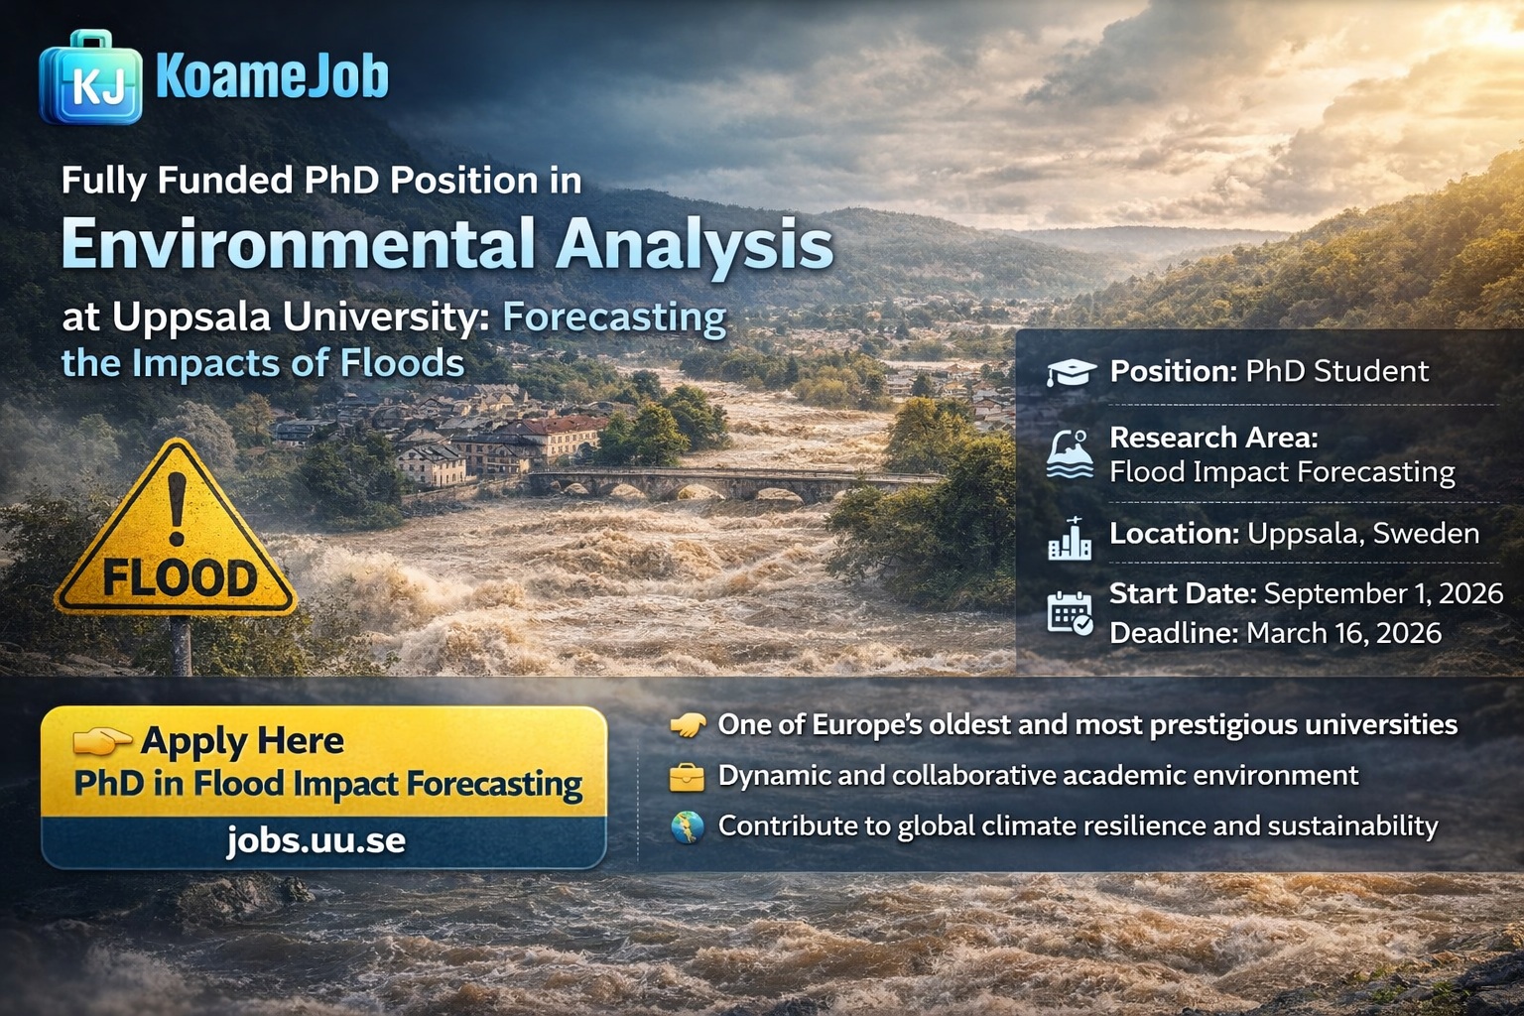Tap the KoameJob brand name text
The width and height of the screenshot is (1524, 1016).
pyautogui.click(x=272, y=76)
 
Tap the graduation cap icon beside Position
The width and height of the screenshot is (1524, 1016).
pyautogui.click(x=1071, y=372)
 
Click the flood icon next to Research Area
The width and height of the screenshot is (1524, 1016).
pyautogui.click(x=1070, y=454)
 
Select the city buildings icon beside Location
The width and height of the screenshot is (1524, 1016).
pyautogui.click(x=1070, y=538)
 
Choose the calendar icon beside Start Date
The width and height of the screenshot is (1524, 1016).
pyautogui.click(x=1070, y=613)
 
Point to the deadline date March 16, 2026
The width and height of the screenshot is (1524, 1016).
pyautogui.click(x=1343, y=633)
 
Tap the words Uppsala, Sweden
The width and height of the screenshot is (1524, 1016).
pyautogui.click(x=1362, y=534)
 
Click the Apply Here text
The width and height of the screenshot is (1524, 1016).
pyautogui.click(x=242, y=740)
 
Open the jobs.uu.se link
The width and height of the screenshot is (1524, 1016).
pyautogui.click(x=316, y=840)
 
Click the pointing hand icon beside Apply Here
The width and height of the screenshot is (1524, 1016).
pyautogui.click(x=101, y=739)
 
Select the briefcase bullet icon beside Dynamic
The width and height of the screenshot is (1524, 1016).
pyautogui.click(x=687, y=776)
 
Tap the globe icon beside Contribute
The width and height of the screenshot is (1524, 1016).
pyautogui.click(x=687, y=826)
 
